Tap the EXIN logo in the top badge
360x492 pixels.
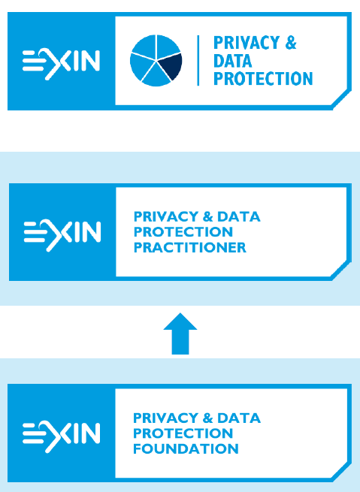[x=61, y=64]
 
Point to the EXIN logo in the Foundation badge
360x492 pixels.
[x=61, y=436]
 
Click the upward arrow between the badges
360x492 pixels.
[x=180, y=334]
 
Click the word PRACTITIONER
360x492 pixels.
[x=190, y=248]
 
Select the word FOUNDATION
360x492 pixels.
[x=186, y=448]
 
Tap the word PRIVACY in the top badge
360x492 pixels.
[x=247, y=43]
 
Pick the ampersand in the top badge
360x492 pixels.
[x=291, y=43]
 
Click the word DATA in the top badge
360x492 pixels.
[x=232, y=61]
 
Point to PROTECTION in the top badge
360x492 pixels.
[x=263, y=78]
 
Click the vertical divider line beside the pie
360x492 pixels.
[x=198, y=60]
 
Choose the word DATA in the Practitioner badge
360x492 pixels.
[x=239, y=217]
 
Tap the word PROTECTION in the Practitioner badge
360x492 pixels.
[x=183, y=232]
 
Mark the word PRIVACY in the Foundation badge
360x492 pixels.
[x=165, y=418]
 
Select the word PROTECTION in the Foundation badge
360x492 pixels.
[x=183, y=433]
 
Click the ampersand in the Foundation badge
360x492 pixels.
[x=207, y=418]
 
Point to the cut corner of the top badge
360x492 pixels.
[x=341, y=99]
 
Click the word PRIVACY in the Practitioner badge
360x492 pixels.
[x=166, y=217]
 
